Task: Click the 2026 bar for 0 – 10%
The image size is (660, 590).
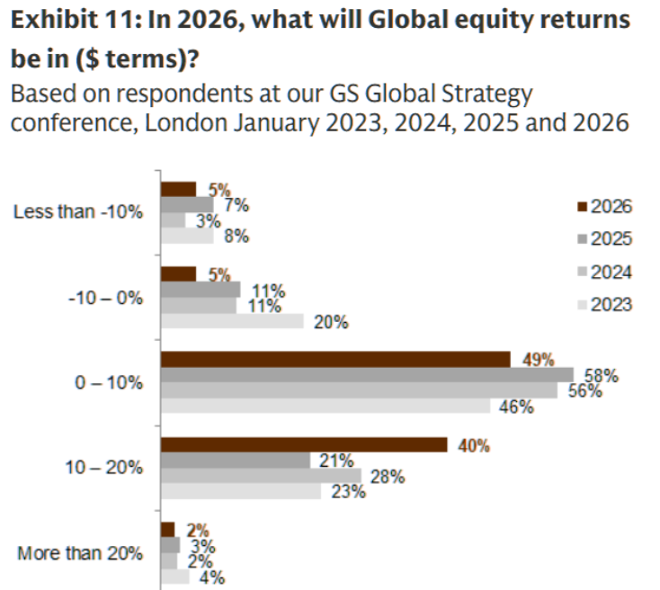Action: [334, 359]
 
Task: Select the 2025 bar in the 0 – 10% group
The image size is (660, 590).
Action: [366, 374]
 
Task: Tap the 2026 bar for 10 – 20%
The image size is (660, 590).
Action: [303, 444]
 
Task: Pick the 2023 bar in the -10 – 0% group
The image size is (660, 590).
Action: [232, 321]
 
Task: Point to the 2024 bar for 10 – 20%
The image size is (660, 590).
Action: [260, 476]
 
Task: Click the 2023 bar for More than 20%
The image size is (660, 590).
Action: [174, 577]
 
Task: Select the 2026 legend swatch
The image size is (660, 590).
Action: [582, 207]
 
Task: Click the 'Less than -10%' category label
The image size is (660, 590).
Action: [78, 212]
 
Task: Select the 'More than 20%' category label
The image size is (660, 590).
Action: [79, 553]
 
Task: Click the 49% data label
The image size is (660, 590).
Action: [537, 360]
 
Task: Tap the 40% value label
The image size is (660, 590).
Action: [475, 445]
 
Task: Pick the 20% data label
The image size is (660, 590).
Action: [331, 322]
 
